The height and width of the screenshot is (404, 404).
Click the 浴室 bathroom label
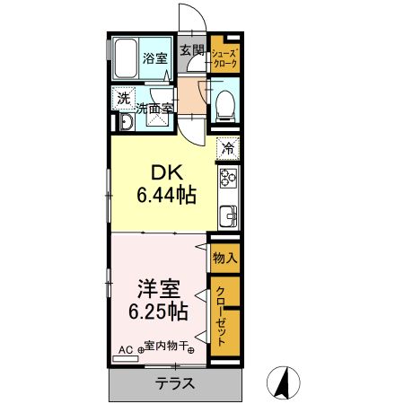click(155, 59)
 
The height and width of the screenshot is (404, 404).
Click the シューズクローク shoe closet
click(224, 59)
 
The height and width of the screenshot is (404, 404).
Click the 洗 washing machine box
click(122, 99)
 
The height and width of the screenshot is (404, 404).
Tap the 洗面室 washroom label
click(154, 110)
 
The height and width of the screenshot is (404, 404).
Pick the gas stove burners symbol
click(228, 178)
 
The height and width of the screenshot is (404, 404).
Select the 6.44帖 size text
click(167, 194)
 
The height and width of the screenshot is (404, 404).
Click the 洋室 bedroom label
click(159, 290)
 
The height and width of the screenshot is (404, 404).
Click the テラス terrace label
click(175, 384)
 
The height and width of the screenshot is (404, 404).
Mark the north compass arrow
click(286, 383)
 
